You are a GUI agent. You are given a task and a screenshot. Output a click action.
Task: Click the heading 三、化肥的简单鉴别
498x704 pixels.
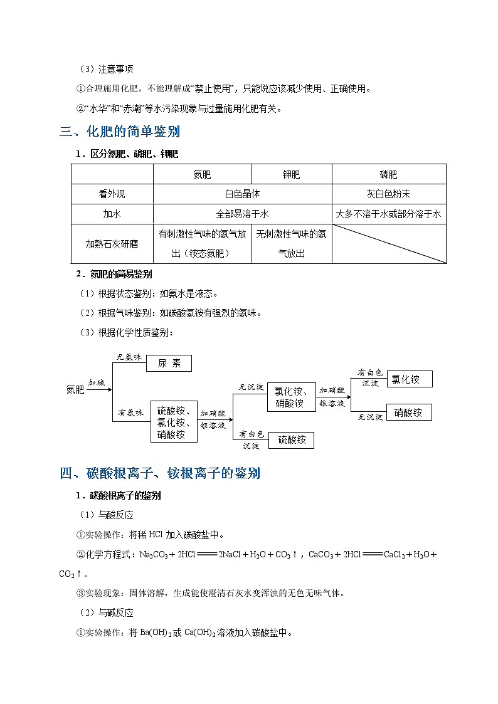pyautogui.click(x=120, y=132)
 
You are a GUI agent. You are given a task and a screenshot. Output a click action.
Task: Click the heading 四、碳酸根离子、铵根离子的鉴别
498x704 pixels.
pyautogui.click(x=160, y=473)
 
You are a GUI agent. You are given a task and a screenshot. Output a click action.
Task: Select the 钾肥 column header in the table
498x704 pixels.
pyautogui.click(x=292, y=175)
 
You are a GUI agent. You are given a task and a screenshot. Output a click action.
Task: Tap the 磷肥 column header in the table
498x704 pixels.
pyautogui.click(x=389, y=175)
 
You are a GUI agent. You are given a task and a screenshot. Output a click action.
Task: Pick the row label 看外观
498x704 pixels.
pyautogui.click(x=112, y=194)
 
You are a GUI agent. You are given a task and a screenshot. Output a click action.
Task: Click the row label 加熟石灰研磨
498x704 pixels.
pyautogui.click(x=112, y=244)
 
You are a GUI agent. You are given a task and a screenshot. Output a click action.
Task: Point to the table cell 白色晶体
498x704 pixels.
pyautogui.click(x=242, y=194)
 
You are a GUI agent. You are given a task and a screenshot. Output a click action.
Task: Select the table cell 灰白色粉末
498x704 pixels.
pyautogui.click(x=389, y=194)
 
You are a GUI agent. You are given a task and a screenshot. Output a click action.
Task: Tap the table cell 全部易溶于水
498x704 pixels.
pyautogui.click(x=242, y=214)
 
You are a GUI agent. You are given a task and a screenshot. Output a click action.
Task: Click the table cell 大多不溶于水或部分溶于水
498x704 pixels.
pyautogui.click(x=389, y=214)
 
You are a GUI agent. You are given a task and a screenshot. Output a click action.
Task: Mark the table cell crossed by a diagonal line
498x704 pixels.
pyautogui.click(x=389, y=244)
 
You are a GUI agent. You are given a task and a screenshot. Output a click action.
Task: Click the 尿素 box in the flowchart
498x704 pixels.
pyautogui.click(x=169, y=363)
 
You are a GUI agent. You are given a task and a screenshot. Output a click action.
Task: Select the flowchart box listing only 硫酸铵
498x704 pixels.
pyautogui.click(x=292, y=440)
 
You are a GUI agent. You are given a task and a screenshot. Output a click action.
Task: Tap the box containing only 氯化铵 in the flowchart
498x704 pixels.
pyautogui.click(x=409, y=379)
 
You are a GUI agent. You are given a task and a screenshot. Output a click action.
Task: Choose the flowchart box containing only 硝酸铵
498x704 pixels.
pyautogui.click(x=409, y=412)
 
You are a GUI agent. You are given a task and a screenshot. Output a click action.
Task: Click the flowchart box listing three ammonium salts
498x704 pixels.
pyautogui.click(x=174, y=422)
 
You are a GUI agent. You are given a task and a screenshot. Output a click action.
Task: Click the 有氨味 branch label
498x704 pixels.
pyautogui.click(x=130, y=413)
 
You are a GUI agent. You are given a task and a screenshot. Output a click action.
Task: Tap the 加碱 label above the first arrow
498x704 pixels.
pyautogui.click(x=97, y=382)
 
